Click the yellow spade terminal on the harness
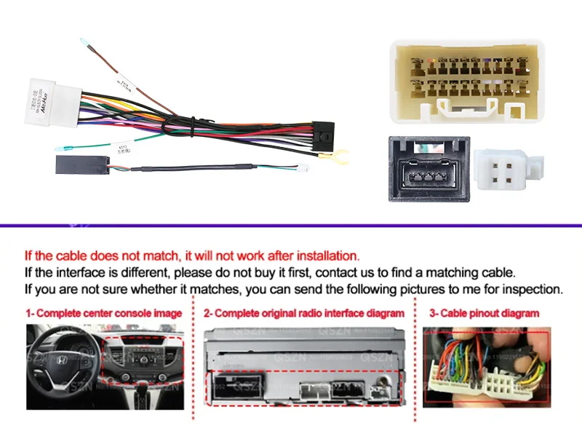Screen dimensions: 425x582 (x=338, y=154)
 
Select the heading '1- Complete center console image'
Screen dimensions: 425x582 (x=104, y=313)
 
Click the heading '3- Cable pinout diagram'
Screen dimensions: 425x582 (x=484, y=313)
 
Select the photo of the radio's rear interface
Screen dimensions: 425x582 (x=303, y=366)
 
